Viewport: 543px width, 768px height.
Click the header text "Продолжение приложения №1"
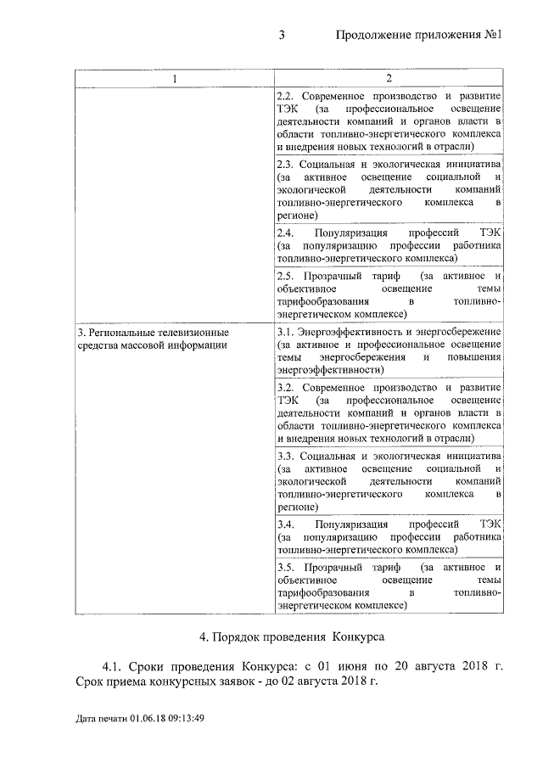[420, 36]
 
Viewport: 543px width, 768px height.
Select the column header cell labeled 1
[175, 79]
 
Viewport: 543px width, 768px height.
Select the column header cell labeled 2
[388, 79]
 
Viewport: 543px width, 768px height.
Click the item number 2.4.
[286, 233]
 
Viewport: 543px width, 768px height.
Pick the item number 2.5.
[286, 277]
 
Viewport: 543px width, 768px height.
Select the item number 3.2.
[286, 387]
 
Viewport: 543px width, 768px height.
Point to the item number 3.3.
[286, 456]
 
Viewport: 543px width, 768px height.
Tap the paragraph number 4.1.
[114, 666]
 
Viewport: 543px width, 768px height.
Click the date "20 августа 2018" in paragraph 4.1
[440, 666]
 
